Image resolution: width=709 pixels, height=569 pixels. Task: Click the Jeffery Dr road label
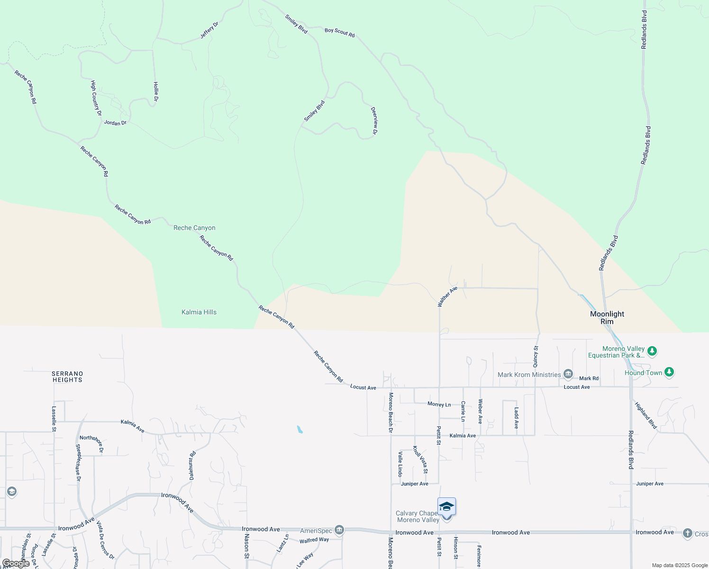[209, 30]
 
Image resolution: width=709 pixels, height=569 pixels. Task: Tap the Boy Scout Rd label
[339, 32]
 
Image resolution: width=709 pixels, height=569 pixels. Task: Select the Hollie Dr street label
[155, 92]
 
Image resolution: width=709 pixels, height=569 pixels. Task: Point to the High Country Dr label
[96, 98]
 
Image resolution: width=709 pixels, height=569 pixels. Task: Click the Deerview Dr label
[374, 120]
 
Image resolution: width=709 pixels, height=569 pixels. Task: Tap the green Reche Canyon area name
[194, 228]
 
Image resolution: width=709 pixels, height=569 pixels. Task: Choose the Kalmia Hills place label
[199, 312]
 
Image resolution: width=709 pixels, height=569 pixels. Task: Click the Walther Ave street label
[447, 296]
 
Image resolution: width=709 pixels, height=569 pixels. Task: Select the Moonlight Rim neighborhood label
[607, 318]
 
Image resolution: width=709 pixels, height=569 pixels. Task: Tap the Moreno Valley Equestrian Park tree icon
[653, 351]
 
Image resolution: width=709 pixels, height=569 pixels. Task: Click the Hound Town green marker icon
[669, 372]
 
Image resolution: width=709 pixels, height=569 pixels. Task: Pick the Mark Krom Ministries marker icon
[568, 375]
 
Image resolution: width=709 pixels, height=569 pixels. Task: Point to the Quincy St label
[536, 357]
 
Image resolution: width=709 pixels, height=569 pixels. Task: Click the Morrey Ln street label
[439, 404]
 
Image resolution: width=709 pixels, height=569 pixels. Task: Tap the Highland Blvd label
[646, 415]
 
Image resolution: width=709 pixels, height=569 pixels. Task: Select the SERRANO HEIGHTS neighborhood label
[67, 376]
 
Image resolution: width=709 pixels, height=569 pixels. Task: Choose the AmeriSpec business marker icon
[339, 530]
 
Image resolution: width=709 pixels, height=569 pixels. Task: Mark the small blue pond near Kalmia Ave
[300, 430]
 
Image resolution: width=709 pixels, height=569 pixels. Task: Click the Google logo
[16, 563]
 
